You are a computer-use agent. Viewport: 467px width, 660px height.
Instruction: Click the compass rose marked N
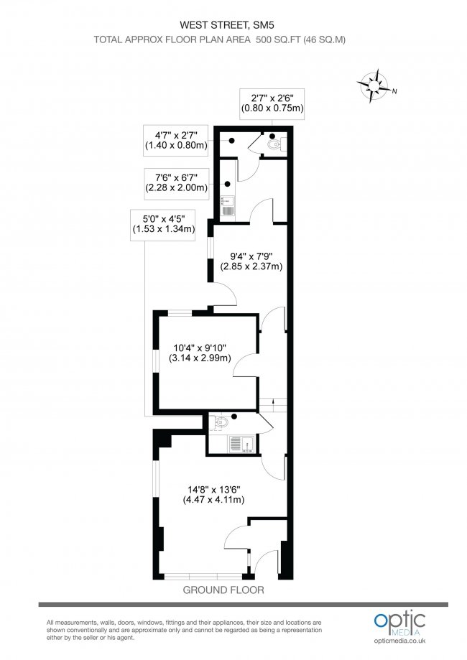(374, 85)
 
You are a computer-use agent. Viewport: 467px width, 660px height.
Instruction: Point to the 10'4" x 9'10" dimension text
(200, 353)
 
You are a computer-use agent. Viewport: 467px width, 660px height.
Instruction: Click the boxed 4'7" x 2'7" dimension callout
(176, 139)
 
